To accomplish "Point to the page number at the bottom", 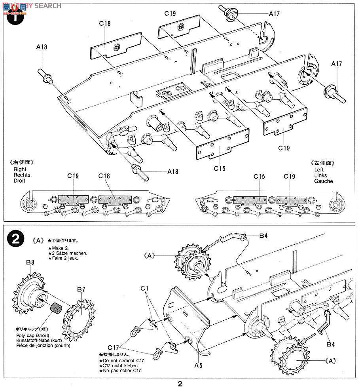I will [x=180, y=384].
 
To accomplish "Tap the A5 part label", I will [x=198, y=365].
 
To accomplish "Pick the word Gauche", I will [x=323, y=181].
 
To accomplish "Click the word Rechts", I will [x=22, y=175].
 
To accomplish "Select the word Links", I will [x=321, y=175].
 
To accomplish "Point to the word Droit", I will [x=19, y=181].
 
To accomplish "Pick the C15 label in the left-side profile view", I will [x=259, y=176].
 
